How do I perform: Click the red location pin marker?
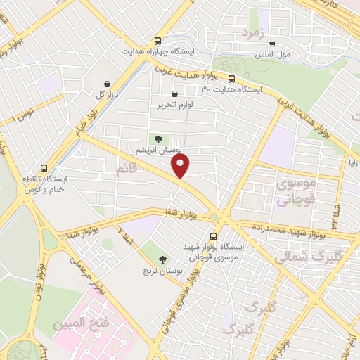181,166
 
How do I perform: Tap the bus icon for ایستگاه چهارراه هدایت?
157,41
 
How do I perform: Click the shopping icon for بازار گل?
106,84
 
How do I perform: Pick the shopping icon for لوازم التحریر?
175,94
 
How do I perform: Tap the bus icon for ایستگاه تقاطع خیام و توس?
44,169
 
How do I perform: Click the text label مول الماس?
273,53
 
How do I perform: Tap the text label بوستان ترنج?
158,271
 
